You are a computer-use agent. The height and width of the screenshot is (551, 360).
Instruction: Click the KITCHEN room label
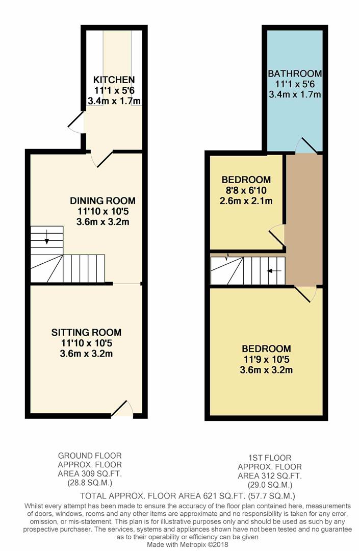click(x=114, y=80)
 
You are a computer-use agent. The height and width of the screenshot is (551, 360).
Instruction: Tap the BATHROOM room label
click(x=295, y=73)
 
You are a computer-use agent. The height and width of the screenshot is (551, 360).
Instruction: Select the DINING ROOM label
click(x=102, y=201)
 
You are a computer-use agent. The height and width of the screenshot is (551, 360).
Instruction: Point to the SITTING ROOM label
click(x=86, y=332)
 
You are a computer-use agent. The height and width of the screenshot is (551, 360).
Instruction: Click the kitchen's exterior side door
click(x=75, y=122)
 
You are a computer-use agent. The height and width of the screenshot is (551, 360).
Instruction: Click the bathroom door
click(x=306, y=145)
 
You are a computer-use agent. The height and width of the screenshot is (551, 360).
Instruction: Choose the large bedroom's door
click(x=305, y=294)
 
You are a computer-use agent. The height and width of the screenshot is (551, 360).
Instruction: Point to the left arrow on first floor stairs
click(x=274, y=271)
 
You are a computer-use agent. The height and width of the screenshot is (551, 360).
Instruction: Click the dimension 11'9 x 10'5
click(x=267, y=360)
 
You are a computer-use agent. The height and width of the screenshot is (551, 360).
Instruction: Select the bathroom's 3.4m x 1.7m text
click(x=295, y=94)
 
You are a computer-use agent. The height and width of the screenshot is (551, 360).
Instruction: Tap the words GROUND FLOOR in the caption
click(x=90, y=456)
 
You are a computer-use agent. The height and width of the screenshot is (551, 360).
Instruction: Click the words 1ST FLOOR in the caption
click(x=270, y=458)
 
